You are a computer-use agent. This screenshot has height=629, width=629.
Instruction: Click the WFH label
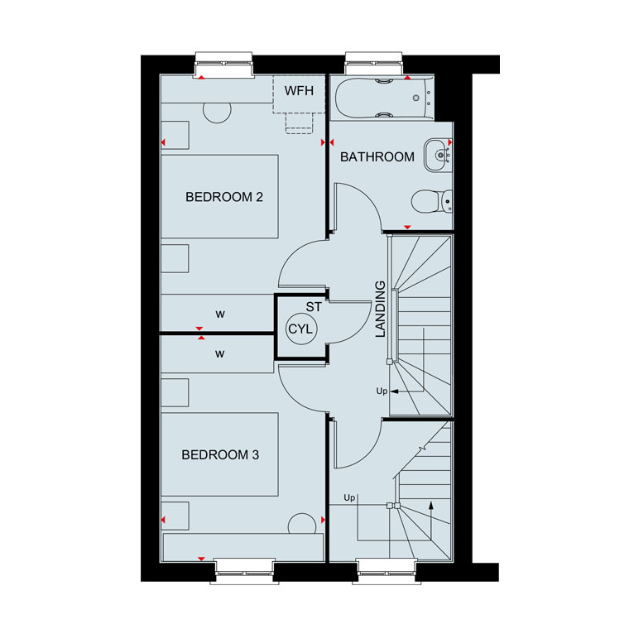coord(299,91)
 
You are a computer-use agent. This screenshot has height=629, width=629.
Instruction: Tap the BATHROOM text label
coord(377,157)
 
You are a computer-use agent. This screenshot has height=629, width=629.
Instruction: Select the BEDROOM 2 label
coord(224,197)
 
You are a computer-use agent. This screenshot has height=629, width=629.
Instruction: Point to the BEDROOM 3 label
coord(220,455)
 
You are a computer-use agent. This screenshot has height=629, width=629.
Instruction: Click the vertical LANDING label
coord(380,309)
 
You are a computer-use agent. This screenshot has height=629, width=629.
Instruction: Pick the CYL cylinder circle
coord(301,329)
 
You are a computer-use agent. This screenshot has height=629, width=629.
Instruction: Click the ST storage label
coord(314,307)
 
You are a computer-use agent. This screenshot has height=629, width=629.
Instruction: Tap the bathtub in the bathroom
coord(383,98)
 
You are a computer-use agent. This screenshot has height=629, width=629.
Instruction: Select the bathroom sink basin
coord(438,155)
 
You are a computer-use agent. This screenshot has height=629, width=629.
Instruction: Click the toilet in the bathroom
coord(432,201)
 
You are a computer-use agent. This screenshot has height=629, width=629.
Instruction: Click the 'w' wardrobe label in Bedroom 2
coord(220,314)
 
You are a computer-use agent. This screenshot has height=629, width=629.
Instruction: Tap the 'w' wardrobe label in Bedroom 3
coord(219,354)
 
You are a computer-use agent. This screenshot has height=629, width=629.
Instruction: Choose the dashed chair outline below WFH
coord(300,123)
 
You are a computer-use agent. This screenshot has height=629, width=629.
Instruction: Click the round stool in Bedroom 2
coord(217,113)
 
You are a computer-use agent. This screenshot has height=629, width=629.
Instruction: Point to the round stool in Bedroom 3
coord(302,524)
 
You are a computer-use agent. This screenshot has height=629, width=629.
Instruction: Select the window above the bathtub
coord(374,63)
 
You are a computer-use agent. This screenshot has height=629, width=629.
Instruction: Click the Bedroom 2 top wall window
coord(223,64)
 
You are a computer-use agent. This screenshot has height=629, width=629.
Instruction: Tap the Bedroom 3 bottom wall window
coord(244,571)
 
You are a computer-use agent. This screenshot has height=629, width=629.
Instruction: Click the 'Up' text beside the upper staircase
coord(382,391)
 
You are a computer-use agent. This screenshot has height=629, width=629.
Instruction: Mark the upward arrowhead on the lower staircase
coord(431,505)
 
